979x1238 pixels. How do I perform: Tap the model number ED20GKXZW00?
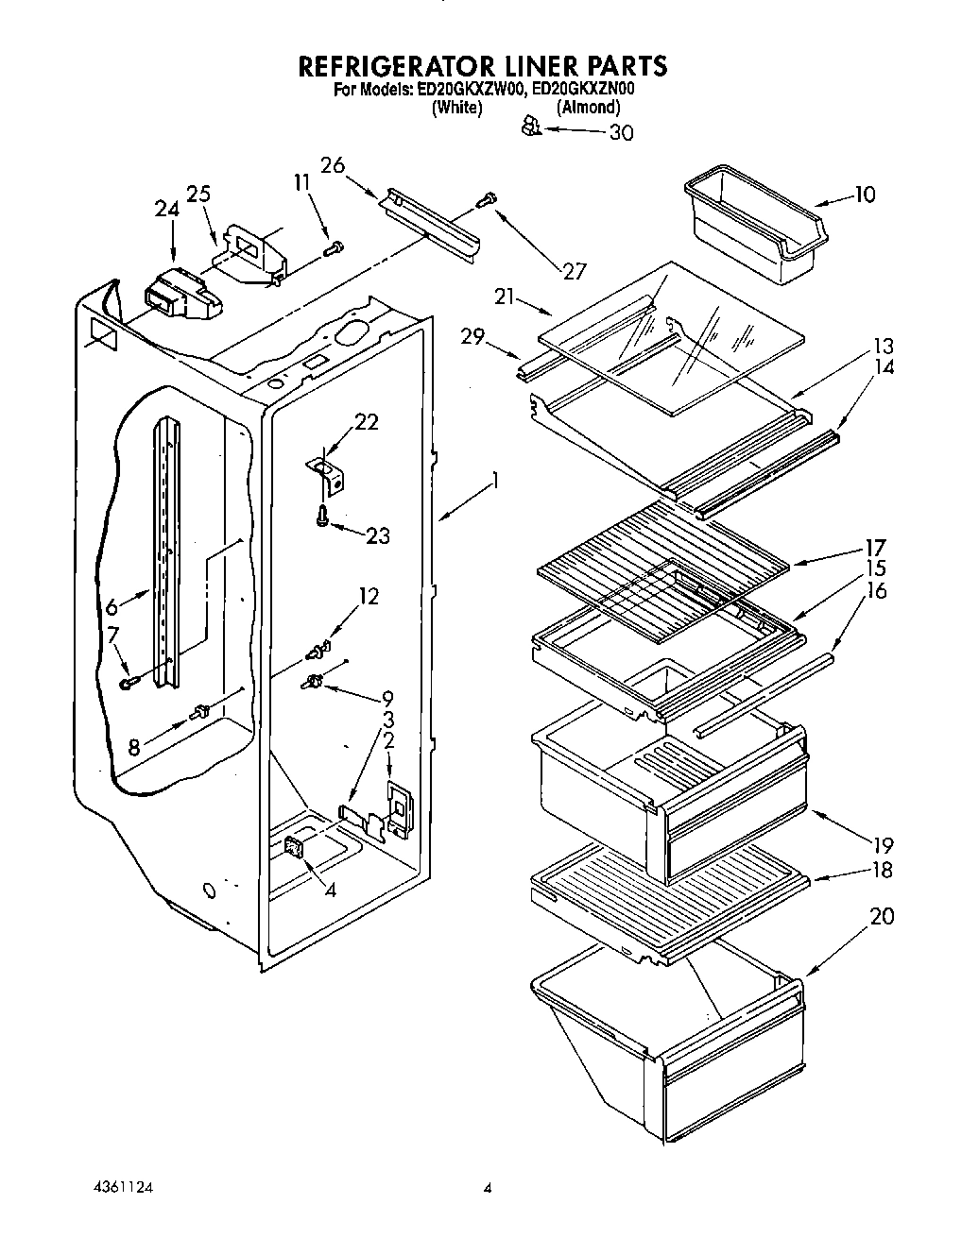click(471, 91)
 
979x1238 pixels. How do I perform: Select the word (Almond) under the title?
click(588, 109)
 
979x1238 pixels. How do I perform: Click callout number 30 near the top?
click(620, 133)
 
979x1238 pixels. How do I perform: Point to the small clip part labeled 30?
click(531, 125)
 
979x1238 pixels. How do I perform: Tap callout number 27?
click(575, 271)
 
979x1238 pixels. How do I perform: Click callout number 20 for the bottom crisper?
click(880, 916)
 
